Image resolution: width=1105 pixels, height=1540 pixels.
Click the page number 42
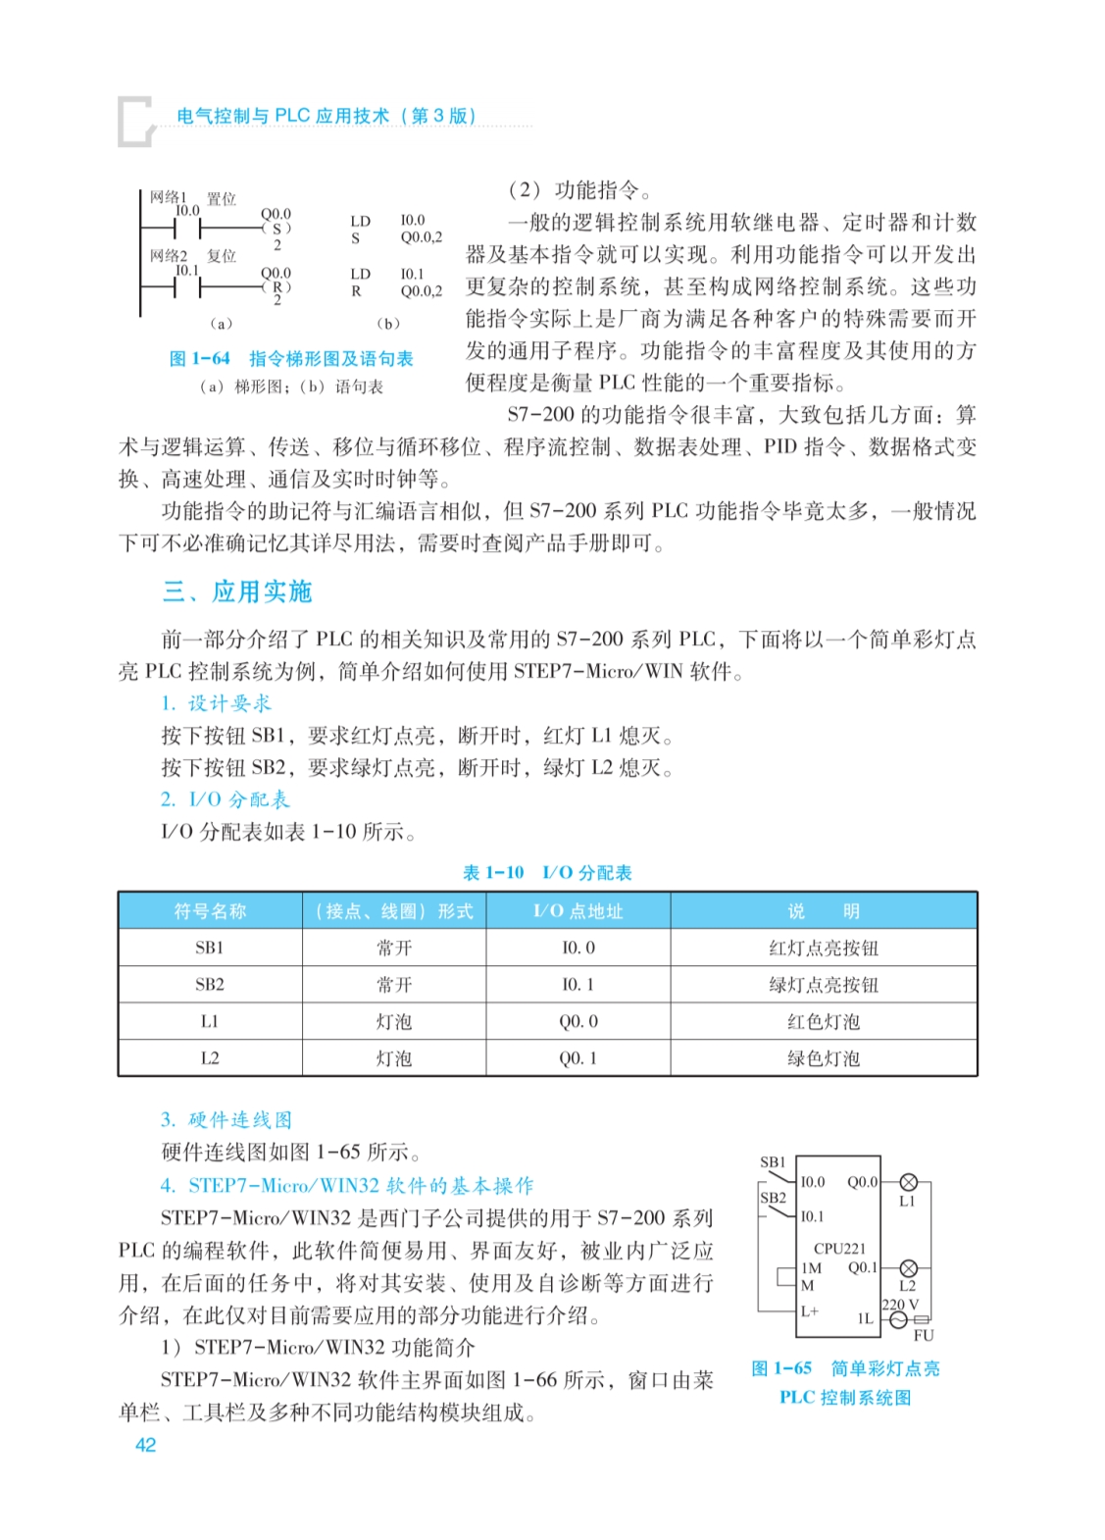point(145,1444)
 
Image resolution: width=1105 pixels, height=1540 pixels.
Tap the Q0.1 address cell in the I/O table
point(578,1058)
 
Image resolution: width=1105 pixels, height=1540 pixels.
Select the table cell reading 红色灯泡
point(823,1022)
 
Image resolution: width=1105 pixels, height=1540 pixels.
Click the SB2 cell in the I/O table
point(210,985)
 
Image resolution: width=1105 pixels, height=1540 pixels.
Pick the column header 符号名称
point(210,911)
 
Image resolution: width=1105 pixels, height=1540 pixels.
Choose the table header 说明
point(823,911)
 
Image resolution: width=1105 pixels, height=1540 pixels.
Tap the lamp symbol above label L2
point(908,1268)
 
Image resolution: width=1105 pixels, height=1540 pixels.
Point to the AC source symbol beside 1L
point(898,1320)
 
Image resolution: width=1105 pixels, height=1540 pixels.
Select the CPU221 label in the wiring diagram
point(840,1249)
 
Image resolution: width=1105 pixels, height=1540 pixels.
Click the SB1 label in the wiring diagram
point(773,1162)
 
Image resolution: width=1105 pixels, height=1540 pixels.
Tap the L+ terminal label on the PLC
point(810,1310)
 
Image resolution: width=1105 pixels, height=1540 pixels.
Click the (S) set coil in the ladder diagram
point(276,229)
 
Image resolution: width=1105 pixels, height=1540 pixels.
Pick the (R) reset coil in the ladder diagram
point(276,287)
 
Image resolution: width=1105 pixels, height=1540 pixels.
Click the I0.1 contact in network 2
point(187,287)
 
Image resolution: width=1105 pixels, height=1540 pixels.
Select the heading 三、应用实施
point(237,591)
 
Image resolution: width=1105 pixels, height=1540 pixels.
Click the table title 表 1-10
point(493,873)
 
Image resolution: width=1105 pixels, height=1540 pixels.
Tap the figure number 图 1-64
point(200,359)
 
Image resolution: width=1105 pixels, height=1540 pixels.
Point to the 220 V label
point(900,1305)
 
